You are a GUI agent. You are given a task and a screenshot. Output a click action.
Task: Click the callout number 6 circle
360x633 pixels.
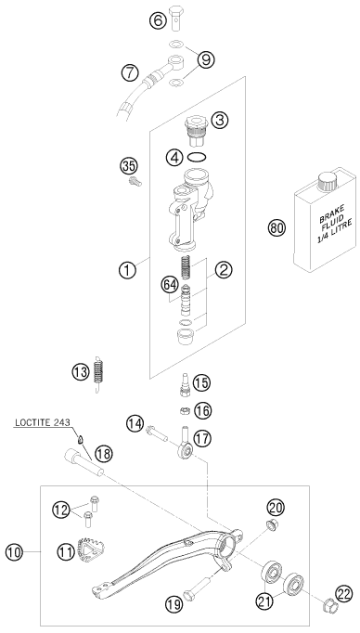(158, 20)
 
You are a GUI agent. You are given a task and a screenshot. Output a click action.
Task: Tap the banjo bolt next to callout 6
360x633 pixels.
(176, 18)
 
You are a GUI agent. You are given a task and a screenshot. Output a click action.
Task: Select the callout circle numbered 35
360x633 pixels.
(128, 166)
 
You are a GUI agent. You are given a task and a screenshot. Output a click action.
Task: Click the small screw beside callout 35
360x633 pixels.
(135, 182)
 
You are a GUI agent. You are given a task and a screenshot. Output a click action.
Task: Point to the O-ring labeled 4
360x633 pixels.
(199, 157)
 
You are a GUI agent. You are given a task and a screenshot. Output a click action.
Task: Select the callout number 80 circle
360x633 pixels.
(276, 228)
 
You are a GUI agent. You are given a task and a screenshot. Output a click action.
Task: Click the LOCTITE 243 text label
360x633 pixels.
(42, 422)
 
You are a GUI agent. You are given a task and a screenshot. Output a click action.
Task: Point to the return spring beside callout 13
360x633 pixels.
(98, 375)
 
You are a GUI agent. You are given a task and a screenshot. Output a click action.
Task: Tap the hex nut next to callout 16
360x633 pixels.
(184, 411)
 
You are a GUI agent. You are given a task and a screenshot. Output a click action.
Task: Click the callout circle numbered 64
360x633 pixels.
(170, 285)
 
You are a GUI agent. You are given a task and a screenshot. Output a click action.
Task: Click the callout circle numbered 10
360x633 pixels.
(14, 552)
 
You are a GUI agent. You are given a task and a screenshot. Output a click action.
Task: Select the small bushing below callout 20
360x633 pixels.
(271, 525)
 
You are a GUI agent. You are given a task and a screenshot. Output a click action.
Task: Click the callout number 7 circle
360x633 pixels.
(129, 73)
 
